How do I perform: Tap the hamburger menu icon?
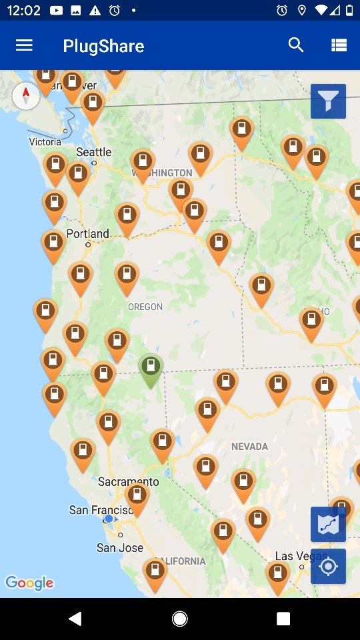tap(24, 45)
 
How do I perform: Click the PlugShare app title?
tap(103, 46)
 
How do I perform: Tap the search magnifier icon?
tap(296, 45)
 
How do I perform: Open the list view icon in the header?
tap(339, 45)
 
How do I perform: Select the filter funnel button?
tap(328, 101)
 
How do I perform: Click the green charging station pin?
tap(151, 369)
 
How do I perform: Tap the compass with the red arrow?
tap(26, 96)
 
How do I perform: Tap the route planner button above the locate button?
tap(328, 524)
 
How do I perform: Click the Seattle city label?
tap(93, 152)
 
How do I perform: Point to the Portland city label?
tap(87, 234)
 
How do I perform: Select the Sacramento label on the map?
tap(128, 481)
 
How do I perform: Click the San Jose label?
tap(120, 547)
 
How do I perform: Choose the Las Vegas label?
tap(293, 556)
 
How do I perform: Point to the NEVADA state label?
tap(250, 446)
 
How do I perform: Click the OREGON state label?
tap(145, 307)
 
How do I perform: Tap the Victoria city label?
tap(45, 141)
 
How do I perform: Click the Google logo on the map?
tap(29, 583)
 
